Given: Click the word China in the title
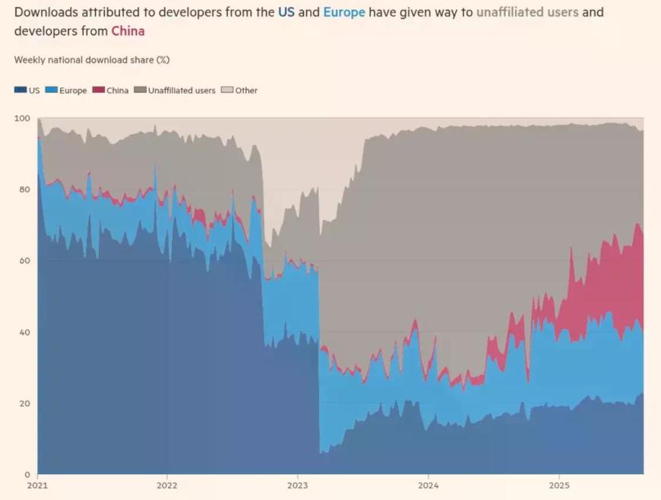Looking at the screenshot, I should pos(128,31).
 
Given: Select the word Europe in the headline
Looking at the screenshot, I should pos(344,12).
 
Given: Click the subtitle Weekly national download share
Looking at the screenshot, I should pos(92,59).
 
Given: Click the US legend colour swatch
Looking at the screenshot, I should pos(20,90).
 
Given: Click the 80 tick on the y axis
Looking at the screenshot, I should pos(24,189).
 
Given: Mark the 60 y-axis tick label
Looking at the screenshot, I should pos(24,261).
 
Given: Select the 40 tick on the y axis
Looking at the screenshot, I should pos(24,332).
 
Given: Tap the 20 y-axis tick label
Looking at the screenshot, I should pos(24,403).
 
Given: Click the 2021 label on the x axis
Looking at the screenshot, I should pos(37,485).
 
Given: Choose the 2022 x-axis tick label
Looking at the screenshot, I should pos(167,485).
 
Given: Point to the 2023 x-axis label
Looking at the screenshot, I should pos(298,485).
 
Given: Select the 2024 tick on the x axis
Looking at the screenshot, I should pos(429,485).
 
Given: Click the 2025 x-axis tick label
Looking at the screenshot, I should pos(559,485).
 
